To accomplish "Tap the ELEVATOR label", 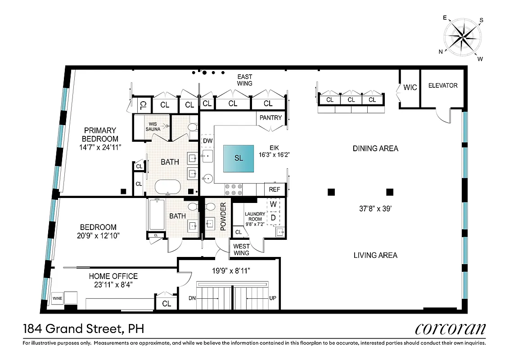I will point(442,85).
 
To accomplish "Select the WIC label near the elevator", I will point(410,87).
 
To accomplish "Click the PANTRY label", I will point(271,118).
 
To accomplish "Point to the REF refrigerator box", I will point(275,190).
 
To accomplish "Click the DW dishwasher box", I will point(207,141).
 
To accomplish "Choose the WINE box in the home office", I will point(57,298).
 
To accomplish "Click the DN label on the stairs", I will point(192,298).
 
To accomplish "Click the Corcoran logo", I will point(450,328).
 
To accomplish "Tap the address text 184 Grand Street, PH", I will point(83,329).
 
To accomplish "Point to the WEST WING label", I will point(241,249).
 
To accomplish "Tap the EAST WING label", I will point(245,80).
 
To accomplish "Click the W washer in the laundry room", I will point(273,204).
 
